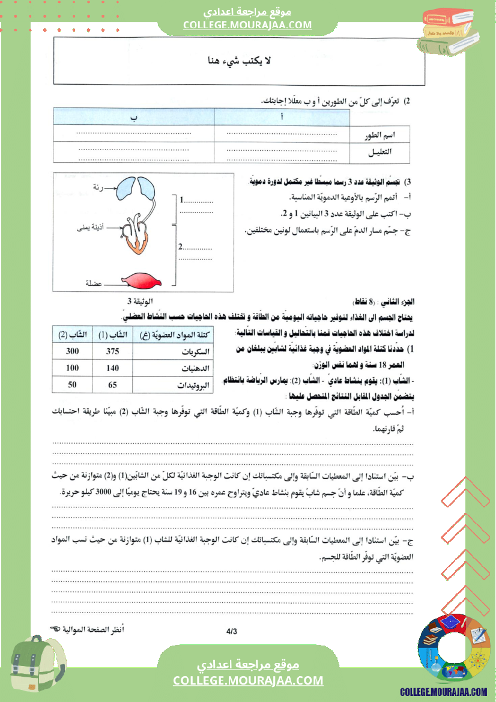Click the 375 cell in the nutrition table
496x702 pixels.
coord(112,351)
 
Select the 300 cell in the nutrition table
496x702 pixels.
coord(73,351)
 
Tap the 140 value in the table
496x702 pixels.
coord(112,368)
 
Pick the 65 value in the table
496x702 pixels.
coord(112,385)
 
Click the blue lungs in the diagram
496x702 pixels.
coord(138,187)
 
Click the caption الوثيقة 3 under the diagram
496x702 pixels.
coord(140,301)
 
